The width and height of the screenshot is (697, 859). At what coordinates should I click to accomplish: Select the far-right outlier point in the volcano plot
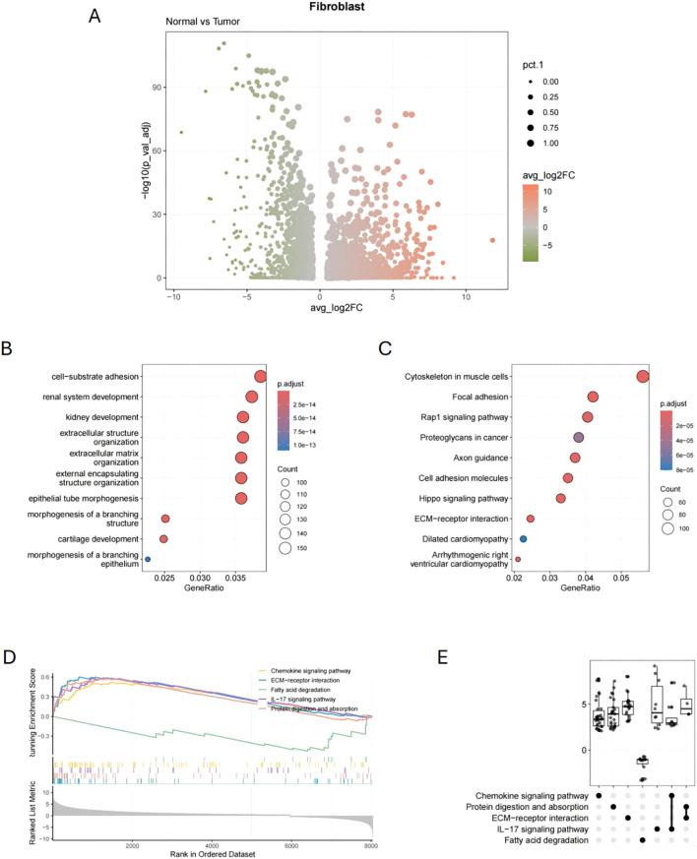click(492, 240)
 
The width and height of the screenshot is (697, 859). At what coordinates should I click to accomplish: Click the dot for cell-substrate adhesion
click(260, 376)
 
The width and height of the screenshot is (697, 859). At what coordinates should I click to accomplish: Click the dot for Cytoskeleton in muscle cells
click(643, 376)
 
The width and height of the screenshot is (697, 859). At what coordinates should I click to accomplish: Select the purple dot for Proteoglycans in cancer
click(579, 437)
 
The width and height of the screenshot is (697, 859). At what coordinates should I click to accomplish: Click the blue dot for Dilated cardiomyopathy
click(524, 539)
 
